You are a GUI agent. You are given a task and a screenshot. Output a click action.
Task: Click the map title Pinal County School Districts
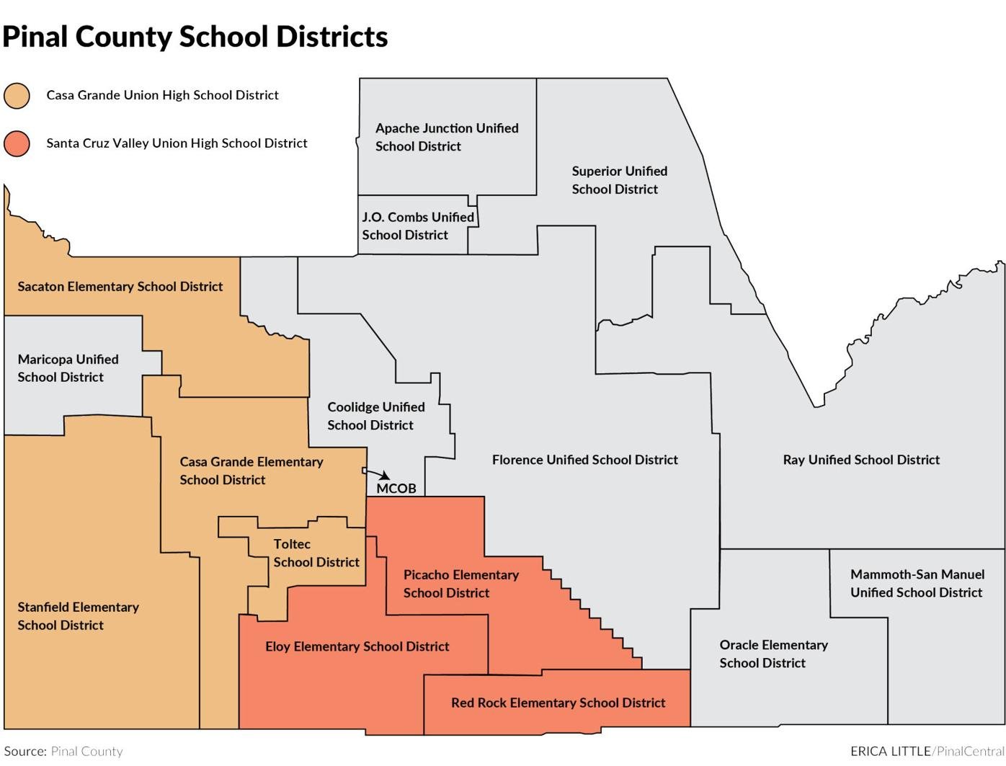coord(195,37)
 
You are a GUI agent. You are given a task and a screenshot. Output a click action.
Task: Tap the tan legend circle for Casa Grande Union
coord(17,95)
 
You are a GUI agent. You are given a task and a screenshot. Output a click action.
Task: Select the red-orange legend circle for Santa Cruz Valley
coord(17,143)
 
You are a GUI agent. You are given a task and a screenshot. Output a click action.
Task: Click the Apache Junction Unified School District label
coord(446,137)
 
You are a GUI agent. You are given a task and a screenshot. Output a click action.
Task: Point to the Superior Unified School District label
coord(619,180)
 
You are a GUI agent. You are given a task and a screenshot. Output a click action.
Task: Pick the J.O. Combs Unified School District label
coord(418,226)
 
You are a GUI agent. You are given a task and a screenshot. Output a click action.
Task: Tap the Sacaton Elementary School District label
coord(120,287)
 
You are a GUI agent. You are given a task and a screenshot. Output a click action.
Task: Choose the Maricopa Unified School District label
coord(68,368)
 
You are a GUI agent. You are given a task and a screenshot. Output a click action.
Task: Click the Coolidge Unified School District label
coord(375,416)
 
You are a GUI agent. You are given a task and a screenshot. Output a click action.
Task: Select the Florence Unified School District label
coord(584,460)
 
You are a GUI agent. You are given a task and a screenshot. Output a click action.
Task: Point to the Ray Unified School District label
coord(861,460)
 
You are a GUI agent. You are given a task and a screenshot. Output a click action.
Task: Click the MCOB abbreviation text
coord(396,489)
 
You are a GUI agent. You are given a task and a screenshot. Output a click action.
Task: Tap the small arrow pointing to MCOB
coord(378,473)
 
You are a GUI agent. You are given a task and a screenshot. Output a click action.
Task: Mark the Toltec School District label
coord(316,553)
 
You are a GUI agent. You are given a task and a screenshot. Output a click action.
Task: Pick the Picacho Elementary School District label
coord(460,584)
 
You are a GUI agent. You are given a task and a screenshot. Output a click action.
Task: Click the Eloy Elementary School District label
coord(357,646)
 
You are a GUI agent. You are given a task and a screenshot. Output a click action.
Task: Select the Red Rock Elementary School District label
coord(558,703)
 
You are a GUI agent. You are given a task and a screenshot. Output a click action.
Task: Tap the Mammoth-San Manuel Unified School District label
coord(917,583)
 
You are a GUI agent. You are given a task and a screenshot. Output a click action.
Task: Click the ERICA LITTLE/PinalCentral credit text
coord(927,751)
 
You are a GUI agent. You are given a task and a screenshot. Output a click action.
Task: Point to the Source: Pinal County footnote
coord(63,751)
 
